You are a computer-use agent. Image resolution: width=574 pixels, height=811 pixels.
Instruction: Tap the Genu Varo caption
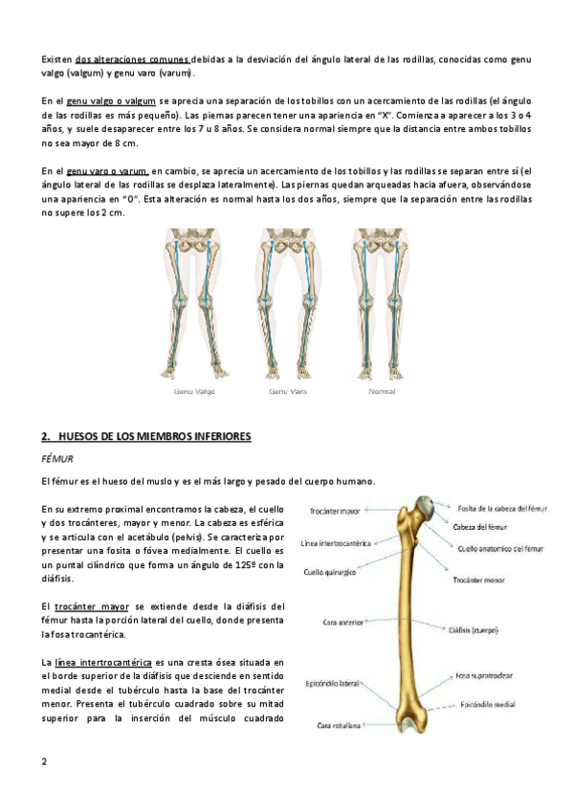click(287, 391)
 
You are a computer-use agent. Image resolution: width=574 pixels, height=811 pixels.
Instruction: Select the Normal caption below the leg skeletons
click(382, 391)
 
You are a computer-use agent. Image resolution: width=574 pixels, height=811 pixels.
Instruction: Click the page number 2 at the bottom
click(44, 761)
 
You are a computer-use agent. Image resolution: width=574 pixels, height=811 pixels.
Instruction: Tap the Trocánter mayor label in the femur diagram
click(334, 512)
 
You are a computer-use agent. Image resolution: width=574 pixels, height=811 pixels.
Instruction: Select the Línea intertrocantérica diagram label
click(335, 543)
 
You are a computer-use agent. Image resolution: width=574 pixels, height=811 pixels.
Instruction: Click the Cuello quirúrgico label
click(332, 574)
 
